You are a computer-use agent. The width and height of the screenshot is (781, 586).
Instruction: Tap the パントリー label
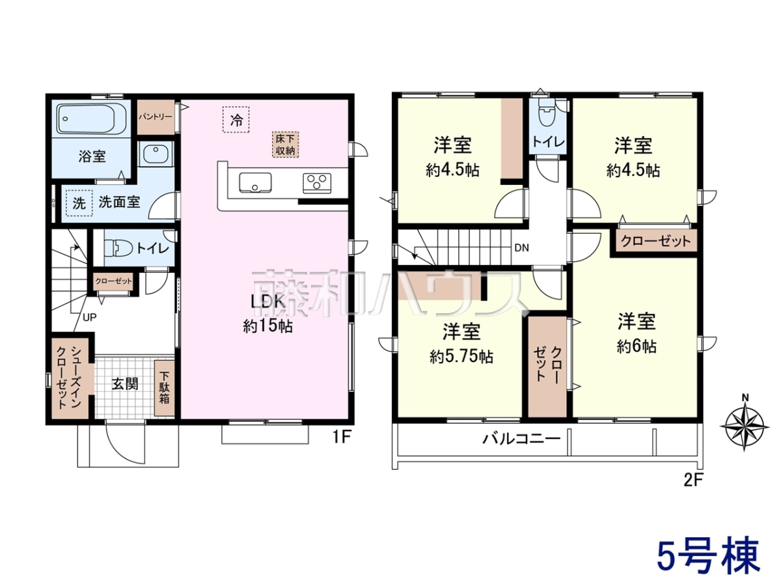point(156,117)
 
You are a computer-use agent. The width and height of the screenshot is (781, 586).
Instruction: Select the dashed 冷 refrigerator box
point(236,120)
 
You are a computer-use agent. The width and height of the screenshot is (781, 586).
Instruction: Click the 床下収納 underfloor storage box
point(285,145)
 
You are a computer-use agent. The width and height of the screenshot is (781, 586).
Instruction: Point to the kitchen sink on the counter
point(255,182)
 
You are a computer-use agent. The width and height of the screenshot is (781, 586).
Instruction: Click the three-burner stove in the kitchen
point(317,183)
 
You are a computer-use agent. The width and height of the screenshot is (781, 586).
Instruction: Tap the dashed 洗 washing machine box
point(79,203)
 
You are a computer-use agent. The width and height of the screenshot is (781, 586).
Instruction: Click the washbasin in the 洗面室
point(156,154)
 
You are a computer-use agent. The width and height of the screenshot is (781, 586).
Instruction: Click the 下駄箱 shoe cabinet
point(164,388)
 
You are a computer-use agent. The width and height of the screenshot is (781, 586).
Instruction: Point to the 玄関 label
point(125,384)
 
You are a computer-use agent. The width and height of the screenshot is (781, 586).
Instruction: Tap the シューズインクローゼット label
point(69,377)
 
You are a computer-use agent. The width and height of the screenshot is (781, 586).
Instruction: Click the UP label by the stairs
point(90,317)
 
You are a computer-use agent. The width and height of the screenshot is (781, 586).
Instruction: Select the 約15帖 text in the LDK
point(268,326)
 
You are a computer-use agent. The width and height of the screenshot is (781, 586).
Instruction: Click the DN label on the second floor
point(521,248)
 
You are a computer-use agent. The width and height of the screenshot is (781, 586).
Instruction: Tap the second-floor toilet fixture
point(545,112)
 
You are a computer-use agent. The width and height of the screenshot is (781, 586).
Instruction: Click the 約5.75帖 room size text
point(461,356)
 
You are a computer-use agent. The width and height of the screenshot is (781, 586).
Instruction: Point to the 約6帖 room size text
point(637,346)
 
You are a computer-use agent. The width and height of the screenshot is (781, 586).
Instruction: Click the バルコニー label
point(521,439)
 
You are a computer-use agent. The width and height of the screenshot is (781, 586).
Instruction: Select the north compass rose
point(745,425)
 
